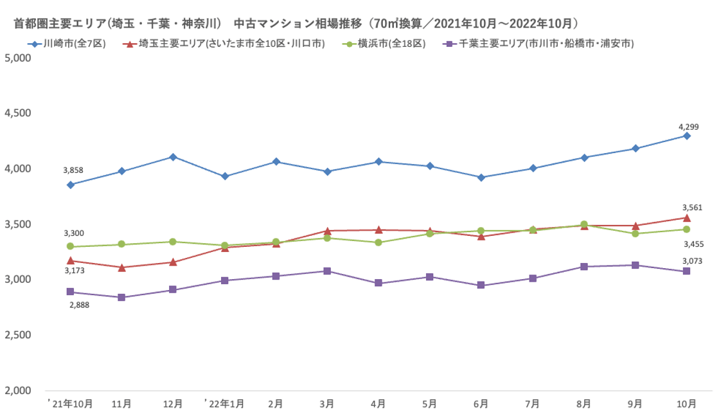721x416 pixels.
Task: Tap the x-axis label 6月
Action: [x=481, y=404]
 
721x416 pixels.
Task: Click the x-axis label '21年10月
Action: [x=71, y=404]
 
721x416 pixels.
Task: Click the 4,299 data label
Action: [x=689, y=127]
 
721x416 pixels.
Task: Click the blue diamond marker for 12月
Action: [x=173, y=157]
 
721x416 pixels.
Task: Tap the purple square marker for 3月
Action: [x=327, y=271]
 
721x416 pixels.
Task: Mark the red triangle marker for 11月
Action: [x=121, y=267]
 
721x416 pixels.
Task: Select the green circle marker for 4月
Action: [x=378, y=242]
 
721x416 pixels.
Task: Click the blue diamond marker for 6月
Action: [x=481, y=177]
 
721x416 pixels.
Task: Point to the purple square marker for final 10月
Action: [x=687, y=271]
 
